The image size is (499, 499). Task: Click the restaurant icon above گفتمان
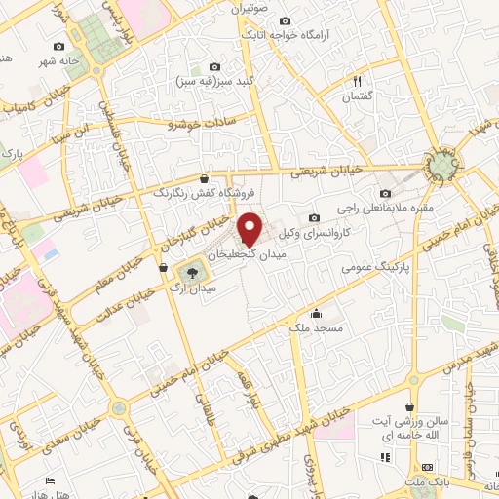point(357,82)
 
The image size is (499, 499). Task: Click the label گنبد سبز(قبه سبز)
point(211,83)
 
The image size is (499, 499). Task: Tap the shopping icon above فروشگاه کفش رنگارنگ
point(203,178)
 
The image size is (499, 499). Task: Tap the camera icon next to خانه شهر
point(58,46)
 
